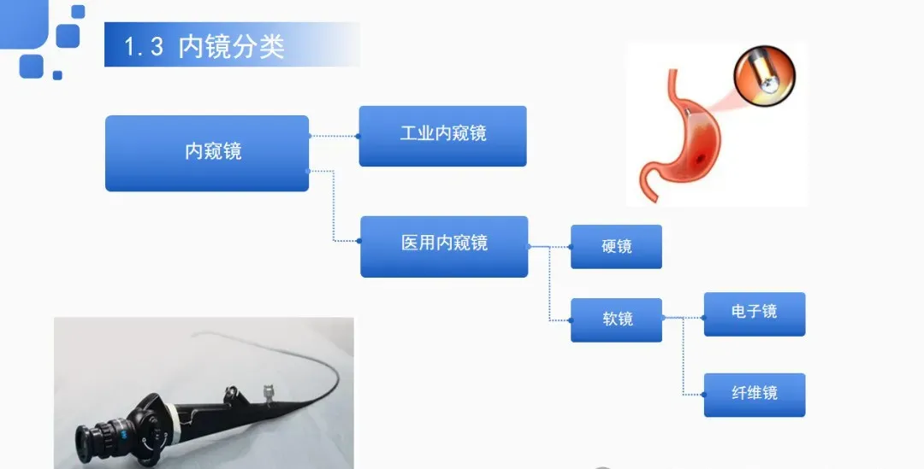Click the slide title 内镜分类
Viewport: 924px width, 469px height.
[231, 46]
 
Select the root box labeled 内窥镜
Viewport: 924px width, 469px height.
[207, 153]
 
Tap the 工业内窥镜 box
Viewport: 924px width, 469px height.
[442, 135]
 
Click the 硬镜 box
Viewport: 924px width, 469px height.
[616, 246]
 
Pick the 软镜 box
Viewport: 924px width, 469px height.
[616, 320]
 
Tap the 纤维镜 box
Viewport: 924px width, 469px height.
[754, 395]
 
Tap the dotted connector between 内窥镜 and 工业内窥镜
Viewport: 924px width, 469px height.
[334, 135]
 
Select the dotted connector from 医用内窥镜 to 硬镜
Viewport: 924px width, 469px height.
[550, 246]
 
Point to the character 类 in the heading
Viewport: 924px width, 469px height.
[271, 46]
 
